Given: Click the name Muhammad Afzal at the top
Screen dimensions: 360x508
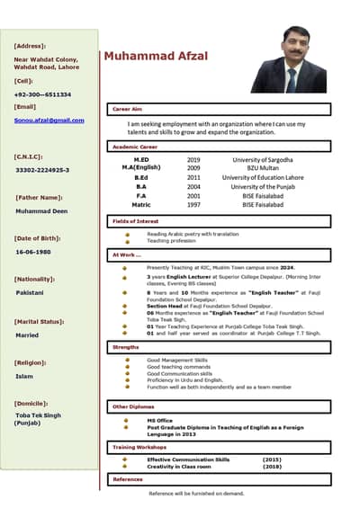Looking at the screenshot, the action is [156, 56].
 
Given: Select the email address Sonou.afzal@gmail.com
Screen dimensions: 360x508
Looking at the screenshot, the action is [49, 120].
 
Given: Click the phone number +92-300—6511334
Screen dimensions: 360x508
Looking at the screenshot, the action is [42, 94].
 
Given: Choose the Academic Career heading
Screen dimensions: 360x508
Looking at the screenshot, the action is [135, 146].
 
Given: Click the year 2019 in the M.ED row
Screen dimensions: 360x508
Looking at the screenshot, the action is [193, 159].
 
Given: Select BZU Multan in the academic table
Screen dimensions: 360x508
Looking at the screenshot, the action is [263, 168].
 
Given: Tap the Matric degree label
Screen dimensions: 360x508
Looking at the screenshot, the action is [140, 204].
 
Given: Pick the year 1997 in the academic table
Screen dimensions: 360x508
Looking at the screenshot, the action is [193, 204].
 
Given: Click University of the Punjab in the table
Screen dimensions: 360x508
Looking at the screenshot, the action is [263, 186].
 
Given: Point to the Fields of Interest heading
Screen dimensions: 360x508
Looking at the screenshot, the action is [135, 220].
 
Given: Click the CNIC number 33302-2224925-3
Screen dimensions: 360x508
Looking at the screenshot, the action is [42, 170].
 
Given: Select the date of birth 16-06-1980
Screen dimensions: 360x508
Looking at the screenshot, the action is [33, 252].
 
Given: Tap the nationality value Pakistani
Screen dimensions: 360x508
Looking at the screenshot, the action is [30, 292].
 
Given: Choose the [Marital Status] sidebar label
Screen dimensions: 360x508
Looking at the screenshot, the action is [39, 321].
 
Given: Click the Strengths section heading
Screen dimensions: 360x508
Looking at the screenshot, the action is [125, 346].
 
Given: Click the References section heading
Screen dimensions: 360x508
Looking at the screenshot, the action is [127, 479].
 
